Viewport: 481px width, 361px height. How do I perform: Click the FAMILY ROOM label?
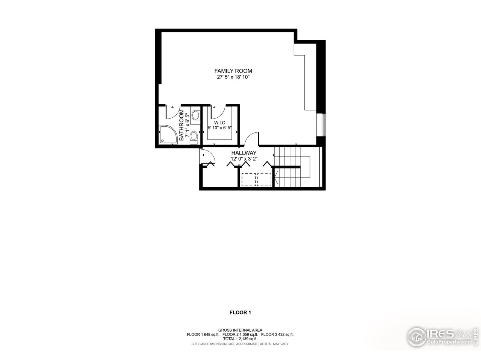(233, 71)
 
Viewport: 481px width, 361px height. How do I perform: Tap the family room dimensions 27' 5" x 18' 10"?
(233, 77)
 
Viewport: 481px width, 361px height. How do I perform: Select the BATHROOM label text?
(182, 125)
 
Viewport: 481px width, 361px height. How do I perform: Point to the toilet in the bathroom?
(194, 138)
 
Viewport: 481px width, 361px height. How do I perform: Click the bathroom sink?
(195, 115)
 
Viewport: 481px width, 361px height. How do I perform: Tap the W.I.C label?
(219, 123)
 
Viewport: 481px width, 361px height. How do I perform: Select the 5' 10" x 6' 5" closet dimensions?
(220, 128)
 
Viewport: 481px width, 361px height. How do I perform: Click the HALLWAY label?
(244, 153)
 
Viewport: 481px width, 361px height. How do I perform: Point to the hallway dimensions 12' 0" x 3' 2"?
(244, 159)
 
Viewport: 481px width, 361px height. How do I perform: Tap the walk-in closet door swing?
(218, 111)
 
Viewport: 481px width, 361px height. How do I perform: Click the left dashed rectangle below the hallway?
(248, 179)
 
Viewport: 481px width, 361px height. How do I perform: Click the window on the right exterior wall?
(322, 124)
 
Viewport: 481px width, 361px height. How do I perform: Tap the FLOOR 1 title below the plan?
(240, 312)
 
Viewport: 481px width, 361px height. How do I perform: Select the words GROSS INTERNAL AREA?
(240, 330)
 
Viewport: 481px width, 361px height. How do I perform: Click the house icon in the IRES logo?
(416, 335)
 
